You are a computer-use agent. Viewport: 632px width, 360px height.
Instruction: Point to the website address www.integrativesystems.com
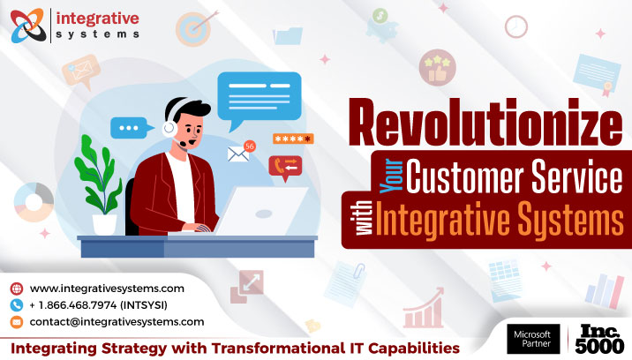coord(107,289)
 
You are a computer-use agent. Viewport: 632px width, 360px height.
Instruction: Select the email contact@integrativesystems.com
coord(117,322)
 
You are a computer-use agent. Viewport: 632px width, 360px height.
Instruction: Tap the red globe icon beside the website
coord(16,289)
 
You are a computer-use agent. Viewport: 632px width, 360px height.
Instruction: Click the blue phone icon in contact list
coord(16,305)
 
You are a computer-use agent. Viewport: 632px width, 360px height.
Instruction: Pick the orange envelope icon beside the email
coord(16,322)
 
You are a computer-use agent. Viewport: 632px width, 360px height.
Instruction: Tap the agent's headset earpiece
coord(169,126)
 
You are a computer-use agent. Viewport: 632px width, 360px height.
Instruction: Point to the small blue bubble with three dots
coord(129,128)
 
